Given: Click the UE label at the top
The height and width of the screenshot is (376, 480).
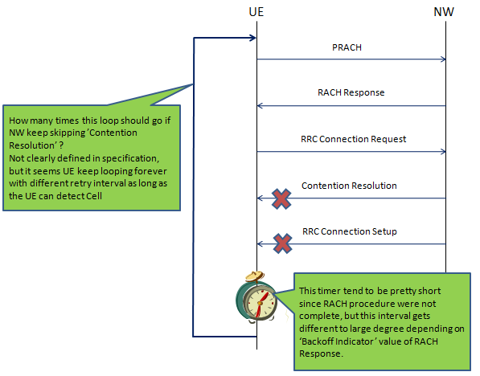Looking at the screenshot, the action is pyautogui.click(x=256, y=12).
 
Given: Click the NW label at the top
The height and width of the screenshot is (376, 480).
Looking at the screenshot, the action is pyautogui.click(x=444, y=12).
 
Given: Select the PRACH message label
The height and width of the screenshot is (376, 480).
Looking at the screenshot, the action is pyautogui.click(x=347, y=47).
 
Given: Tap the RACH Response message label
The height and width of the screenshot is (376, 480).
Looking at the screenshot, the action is pyautogui.click(x=351, y=92).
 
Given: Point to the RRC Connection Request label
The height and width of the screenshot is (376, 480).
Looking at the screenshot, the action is pyautogui.click(x=353, y=139).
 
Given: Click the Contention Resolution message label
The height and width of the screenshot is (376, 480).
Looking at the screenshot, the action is pyautogui.click(x=349, y=186).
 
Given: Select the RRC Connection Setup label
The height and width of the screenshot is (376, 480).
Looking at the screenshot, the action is pyautogui.click(x=350, y=231).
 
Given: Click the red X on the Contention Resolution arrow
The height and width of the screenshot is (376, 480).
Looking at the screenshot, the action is pyautogui.click(x=281, y=199).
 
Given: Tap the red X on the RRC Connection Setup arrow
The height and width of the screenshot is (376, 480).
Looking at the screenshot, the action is pyautogui.click(x=282, y=243).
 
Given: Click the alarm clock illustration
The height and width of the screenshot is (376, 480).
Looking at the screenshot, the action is pyautogui.click(x=256, y=296).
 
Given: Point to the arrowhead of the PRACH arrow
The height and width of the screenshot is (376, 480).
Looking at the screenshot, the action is pyautogui.click(x=443, y=59).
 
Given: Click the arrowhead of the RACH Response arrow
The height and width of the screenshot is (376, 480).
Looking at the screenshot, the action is pyautogui.click(x=260, y=106).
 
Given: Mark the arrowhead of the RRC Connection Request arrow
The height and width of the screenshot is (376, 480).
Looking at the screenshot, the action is pyautogui.click(x=443, y=152).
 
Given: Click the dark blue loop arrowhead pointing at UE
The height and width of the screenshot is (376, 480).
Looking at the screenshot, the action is pyautogui.click(x=253, y=38).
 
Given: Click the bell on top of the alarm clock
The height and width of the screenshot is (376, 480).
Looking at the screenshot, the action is pyautogui.click(x=255, y=276).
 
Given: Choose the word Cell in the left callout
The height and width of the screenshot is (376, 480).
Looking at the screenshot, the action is pyautogui.click(x=94, y=196).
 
